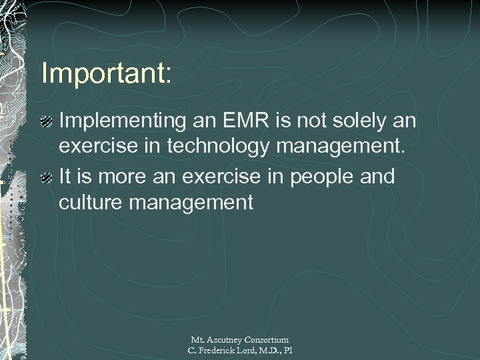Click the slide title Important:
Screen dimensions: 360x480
point(107,73)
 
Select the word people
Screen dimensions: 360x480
point(317,177)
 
